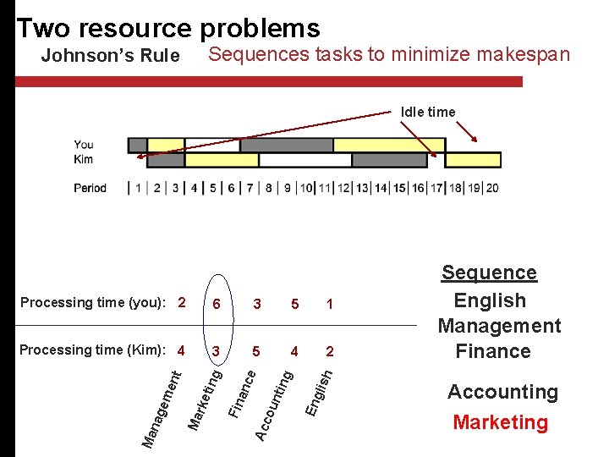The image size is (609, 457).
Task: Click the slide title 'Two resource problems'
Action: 167,28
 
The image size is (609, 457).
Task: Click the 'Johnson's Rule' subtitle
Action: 110,57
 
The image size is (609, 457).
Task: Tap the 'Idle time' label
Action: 428,112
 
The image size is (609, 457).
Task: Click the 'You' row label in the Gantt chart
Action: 84,145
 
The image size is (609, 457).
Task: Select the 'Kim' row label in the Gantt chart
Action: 83,159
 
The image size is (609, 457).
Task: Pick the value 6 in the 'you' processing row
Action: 217,304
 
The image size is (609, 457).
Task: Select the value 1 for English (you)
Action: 329,304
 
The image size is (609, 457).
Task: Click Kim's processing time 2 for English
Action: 329,351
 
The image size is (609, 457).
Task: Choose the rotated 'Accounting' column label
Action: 276,402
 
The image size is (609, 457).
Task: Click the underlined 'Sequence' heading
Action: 489,273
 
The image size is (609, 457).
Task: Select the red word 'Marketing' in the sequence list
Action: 500,422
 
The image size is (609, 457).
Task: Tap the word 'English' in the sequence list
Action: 490,300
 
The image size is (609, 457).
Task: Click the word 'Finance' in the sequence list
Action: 493,351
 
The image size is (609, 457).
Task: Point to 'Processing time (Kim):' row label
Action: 96,350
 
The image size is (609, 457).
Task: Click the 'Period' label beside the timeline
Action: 91,188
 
